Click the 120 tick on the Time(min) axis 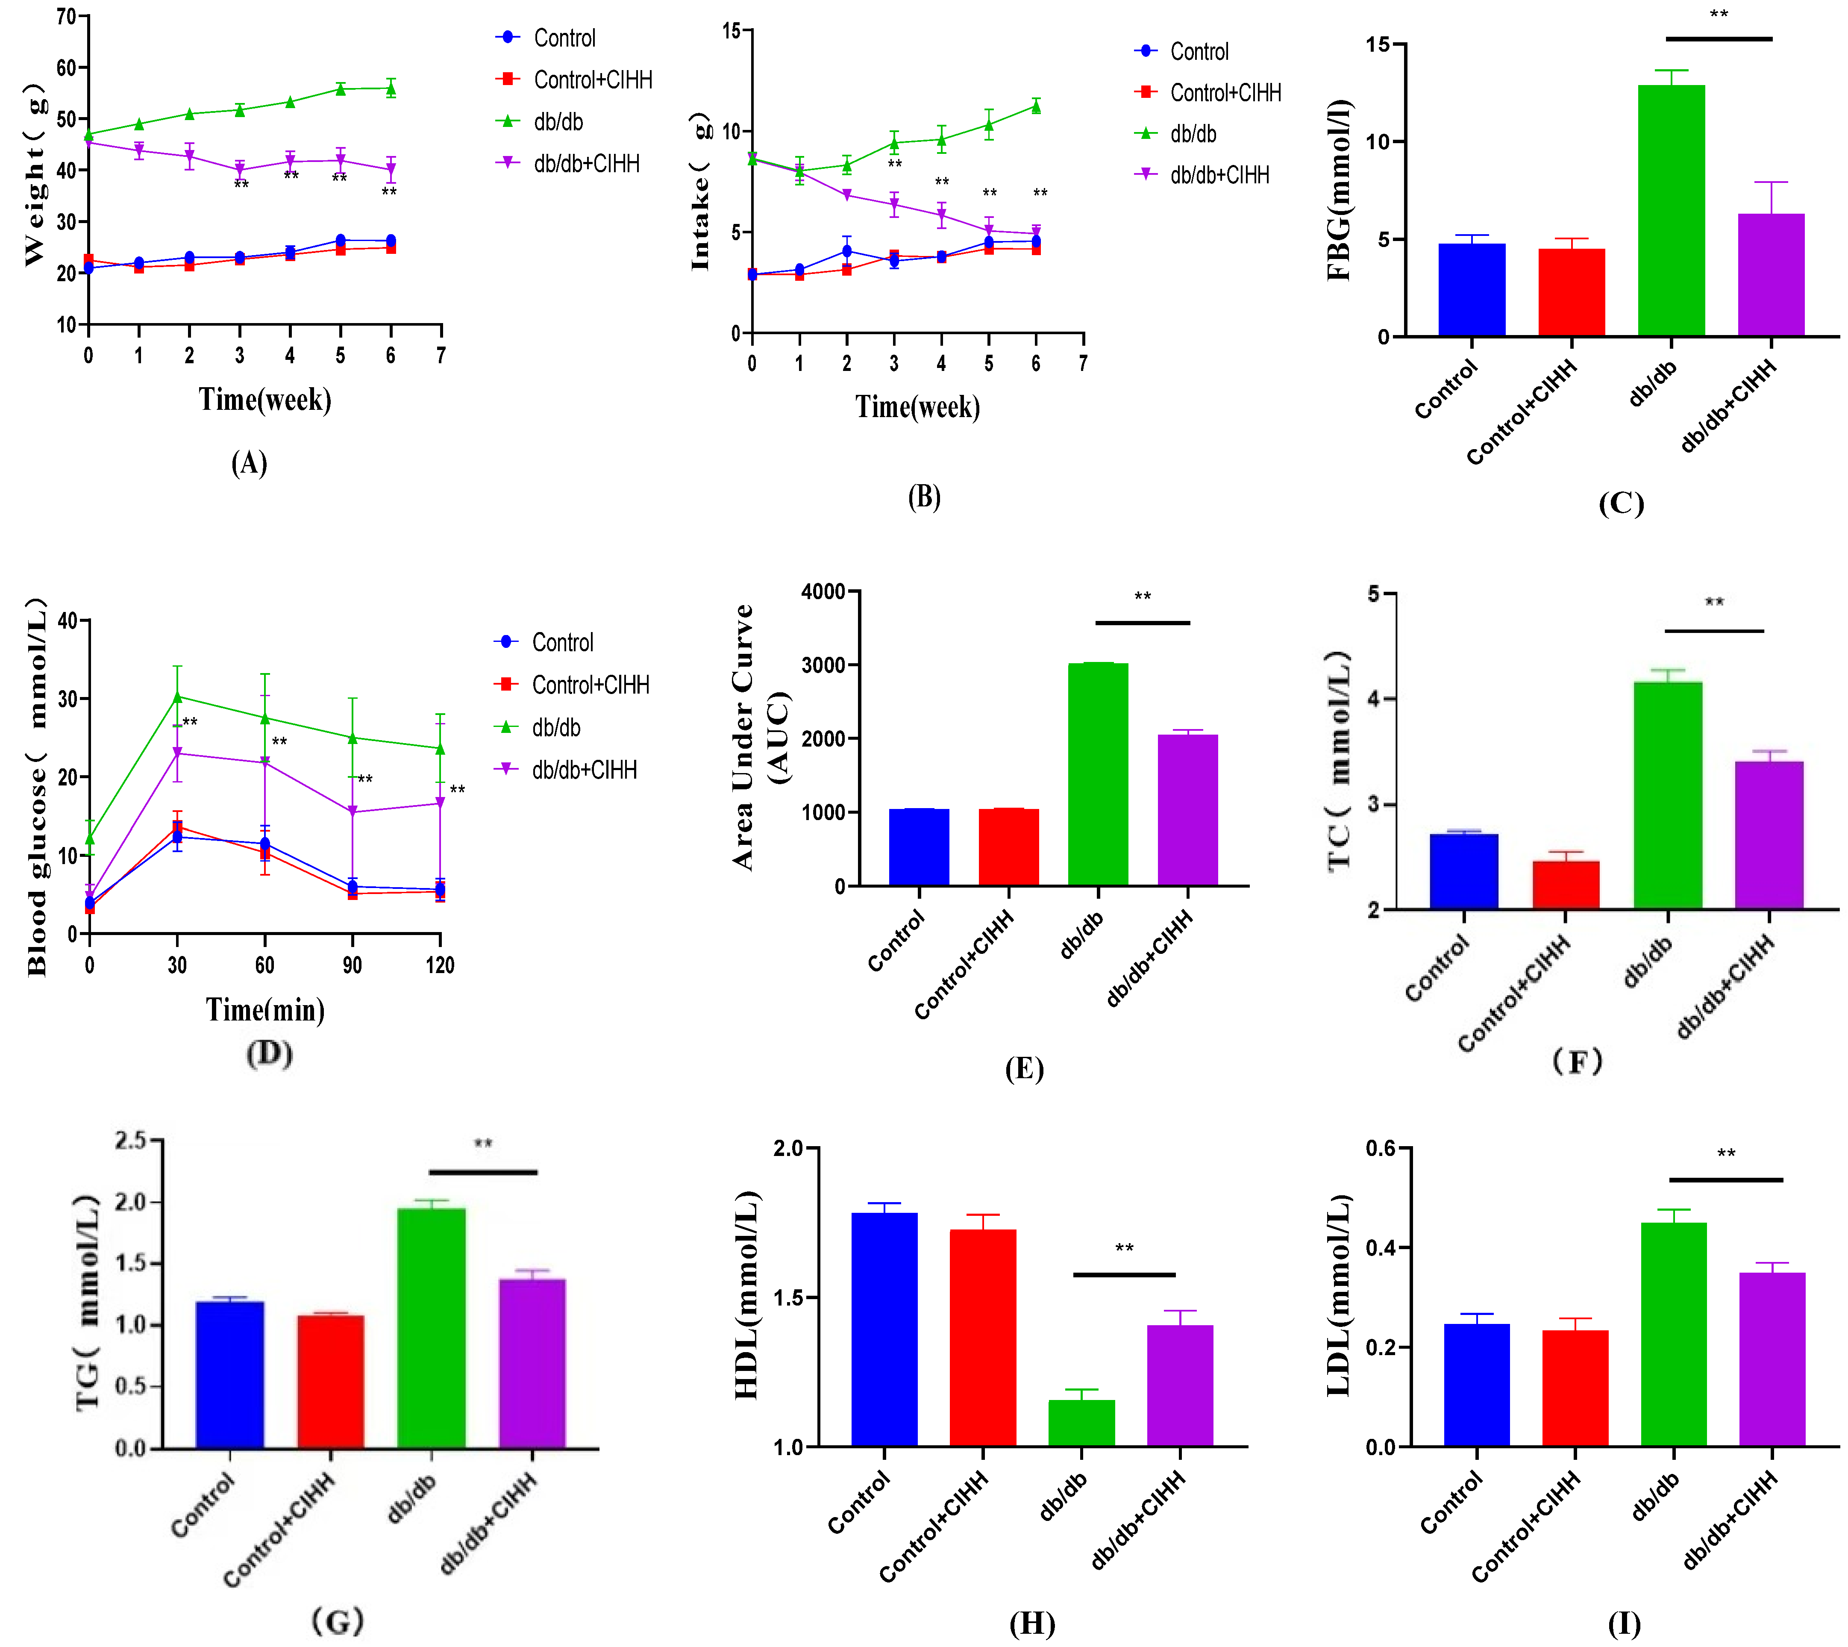pos(440,965)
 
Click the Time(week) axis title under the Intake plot pos(918,407)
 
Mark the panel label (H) pos(1032,1624)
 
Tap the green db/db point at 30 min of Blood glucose pos(177,697)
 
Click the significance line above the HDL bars pos(1124,1274)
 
